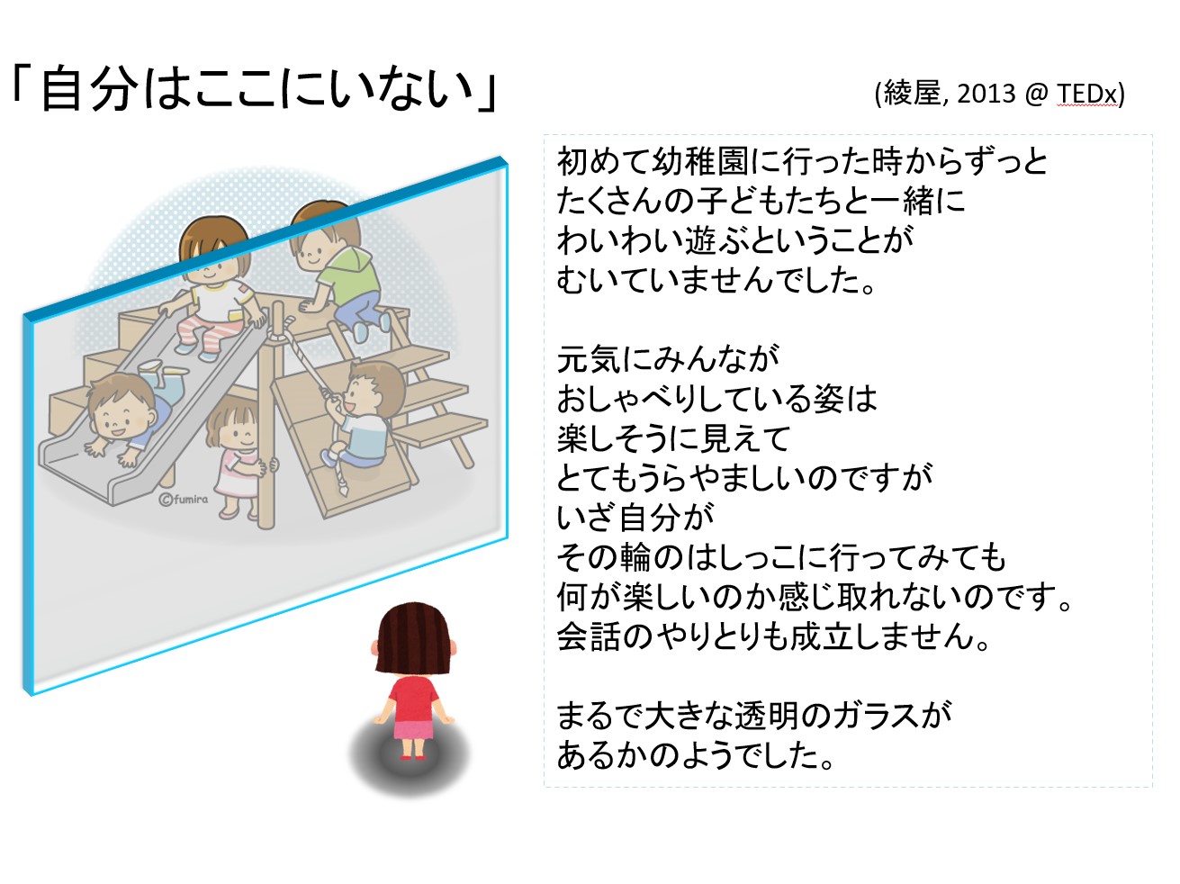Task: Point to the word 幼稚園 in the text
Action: click(x=692, y=162)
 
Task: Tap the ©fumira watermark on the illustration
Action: click(x=183, y=499)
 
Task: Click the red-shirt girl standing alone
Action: click(x=413, y=684)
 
